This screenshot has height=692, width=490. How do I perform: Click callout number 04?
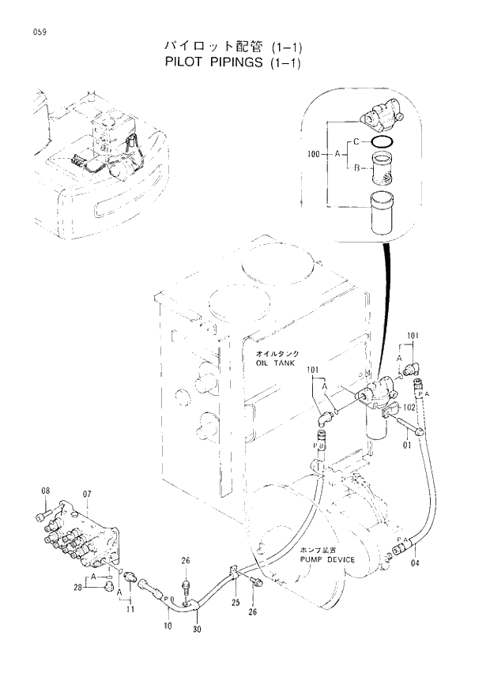point(416,564)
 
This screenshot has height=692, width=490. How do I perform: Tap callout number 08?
point(46,491)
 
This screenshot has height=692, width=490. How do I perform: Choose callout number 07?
point(87,494)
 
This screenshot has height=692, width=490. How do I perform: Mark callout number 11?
point(129,611)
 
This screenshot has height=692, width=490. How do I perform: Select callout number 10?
point(168,626)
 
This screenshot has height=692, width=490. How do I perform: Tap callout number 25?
point(235,602)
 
